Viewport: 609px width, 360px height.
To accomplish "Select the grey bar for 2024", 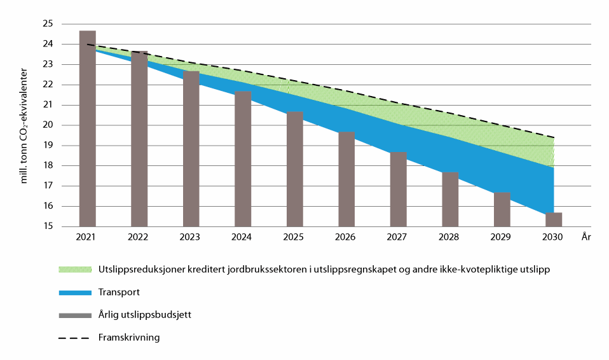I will click(243, 159).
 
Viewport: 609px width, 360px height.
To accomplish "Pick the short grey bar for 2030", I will click(554, 219).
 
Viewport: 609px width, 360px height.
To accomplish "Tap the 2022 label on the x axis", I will click(139, 237).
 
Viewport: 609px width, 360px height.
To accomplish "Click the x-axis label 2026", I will click(346, 237).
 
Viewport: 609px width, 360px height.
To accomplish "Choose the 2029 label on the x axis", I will click(502, 237).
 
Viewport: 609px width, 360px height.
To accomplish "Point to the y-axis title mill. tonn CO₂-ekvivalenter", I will click(24, 126).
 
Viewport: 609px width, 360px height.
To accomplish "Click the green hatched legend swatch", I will click(74, 269).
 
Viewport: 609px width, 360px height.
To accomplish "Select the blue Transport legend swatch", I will click(74, 292).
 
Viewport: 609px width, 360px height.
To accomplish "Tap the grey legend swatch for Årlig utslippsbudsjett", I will click(74, 315).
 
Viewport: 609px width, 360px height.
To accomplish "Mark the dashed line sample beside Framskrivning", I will click(74, 338).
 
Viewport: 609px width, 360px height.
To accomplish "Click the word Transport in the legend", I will click(119, 292).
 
